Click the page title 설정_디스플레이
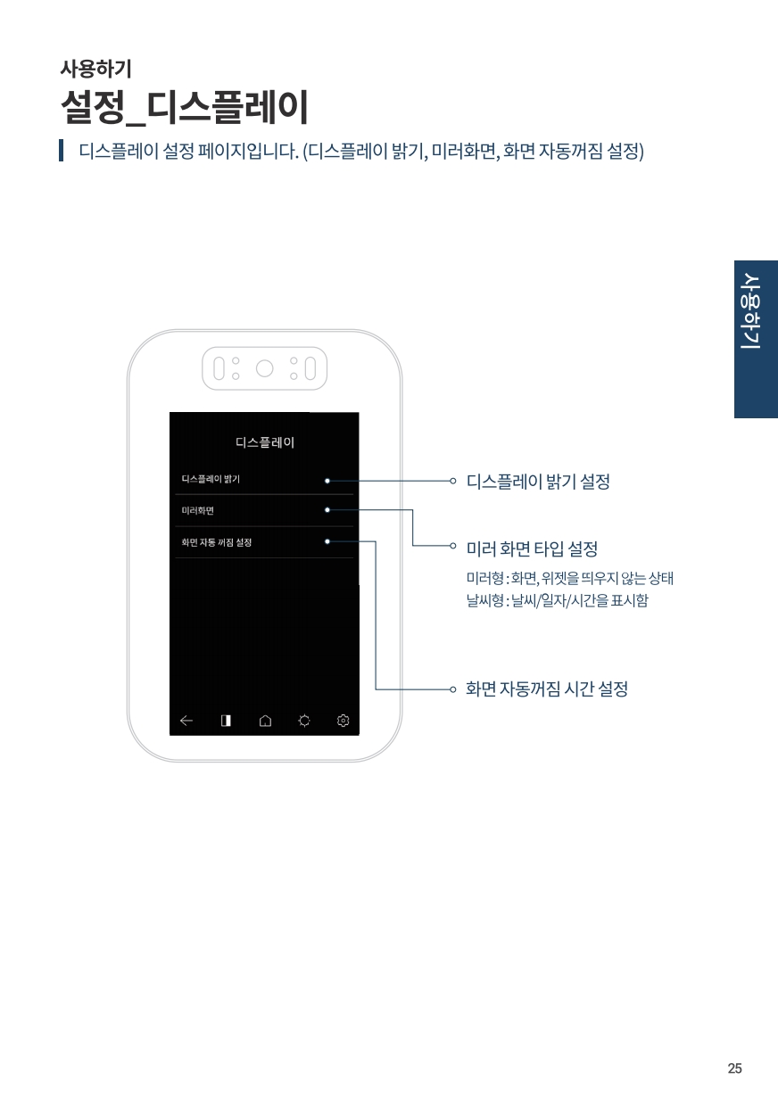click(185, 107)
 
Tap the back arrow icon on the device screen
click(186, 721)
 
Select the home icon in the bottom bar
click(265, 721)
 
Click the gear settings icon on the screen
click(343, 721)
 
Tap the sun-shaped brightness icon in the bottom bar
click(304, 721)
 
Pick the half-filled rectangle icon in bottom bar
click(226, 721)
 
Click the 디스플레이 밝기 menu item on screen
click(211, 479)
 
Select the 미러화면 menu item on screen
click(197, 510)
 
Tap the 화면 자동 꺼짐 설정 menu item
click(217, 542)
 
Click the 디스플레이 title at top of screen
click(265, 442)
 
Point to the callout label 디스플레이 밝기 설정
click(538, 482)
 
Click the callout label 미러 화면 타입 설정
click(532, 548)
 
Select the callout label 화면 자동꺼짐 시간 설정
click(547, 689)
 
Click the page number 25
click(734, 1068)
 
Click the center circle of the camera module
click(265, 368)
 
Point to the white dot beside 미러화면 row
click(327, 509)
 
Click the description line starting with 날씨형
click(558, 600)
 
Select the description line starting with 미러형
click(570, 578)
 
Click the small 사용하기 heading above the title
click(95, 69)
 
